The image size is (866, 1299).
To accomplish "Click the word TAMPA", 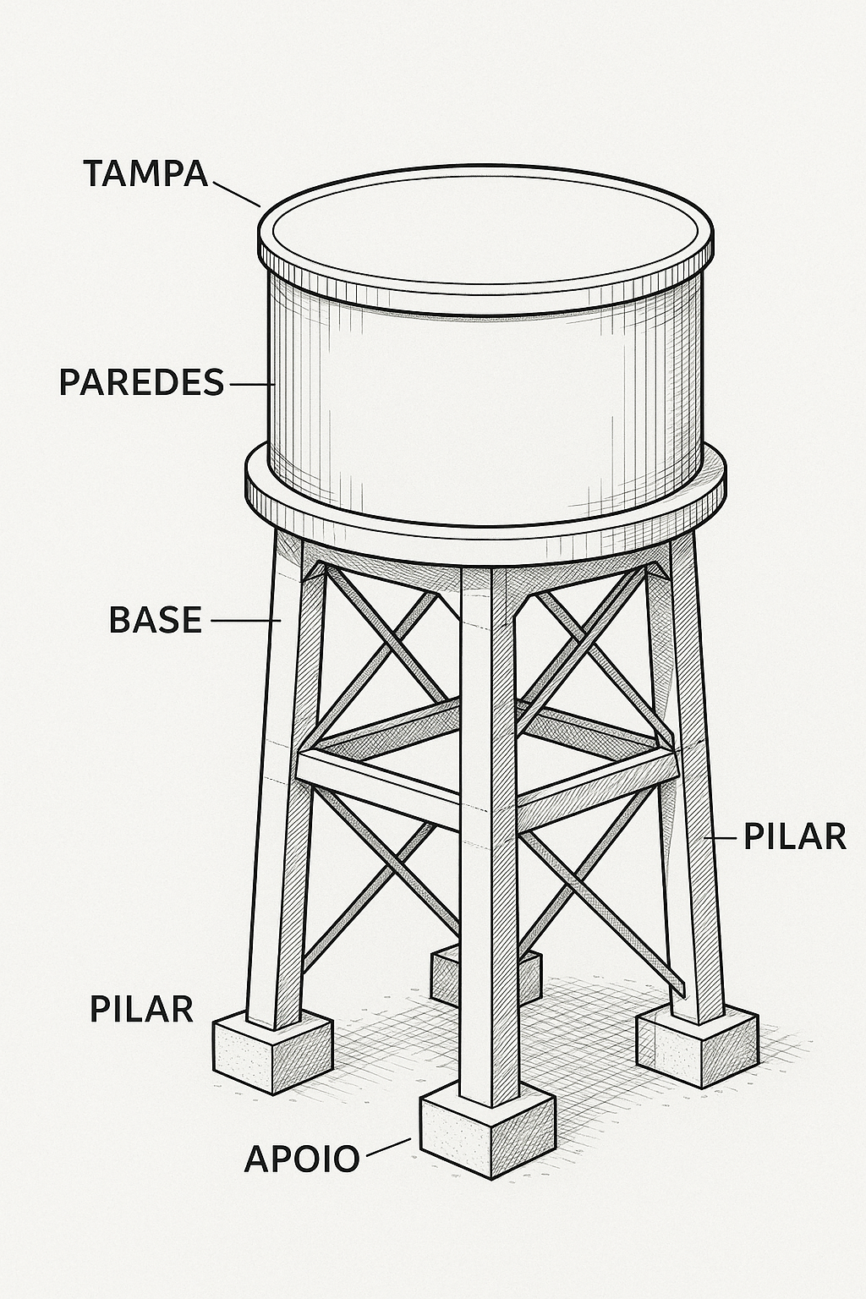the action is [x=145, y=173].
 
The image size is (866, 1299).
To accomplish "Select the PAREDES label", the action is [x=141, y=382].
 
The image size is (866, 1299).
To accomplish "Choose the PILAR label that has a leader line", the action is [x=795, y=836].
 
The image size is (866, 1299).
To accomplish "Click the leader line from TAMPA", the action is [x=237, y=194].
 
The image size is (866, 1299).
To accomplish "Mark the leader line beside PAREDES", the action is [x=252, y=383].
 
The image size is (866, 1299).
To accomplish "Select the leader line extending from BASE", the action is [x=246, y=621].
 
